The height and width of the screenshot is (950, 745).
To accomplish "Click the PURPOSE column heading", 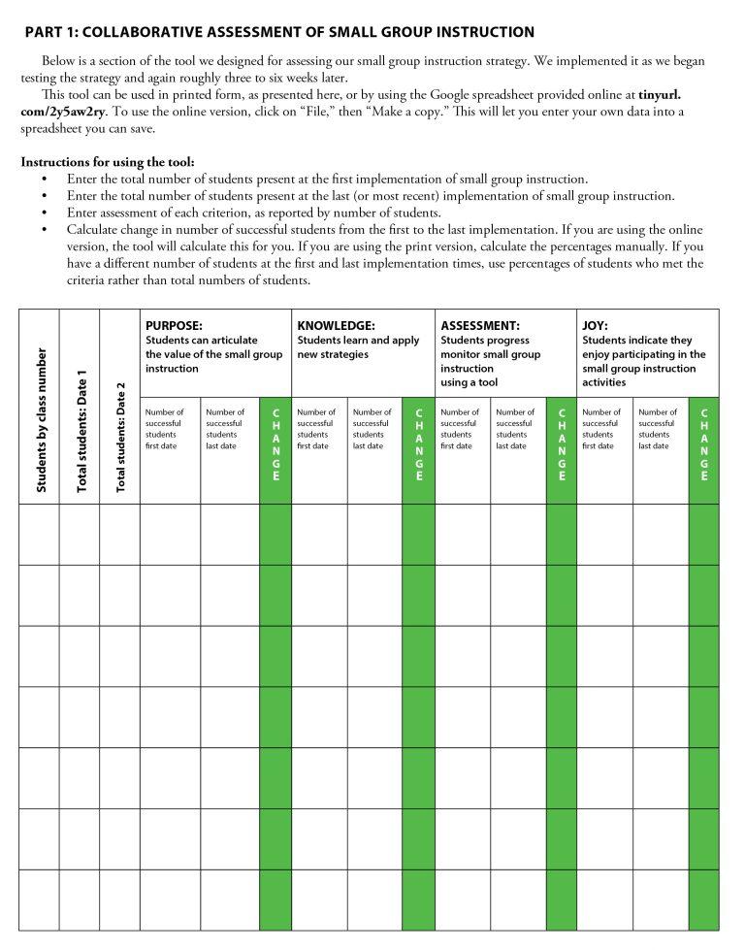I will pos(174,326).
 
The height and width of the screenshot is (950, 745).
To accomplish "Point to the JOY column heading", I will pos(595,326).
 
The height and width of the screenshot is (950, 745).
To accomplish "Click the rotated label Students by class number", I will pos(41,421).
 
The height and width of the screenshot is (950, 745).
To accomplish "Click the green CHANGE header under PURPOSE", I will pos(275,445).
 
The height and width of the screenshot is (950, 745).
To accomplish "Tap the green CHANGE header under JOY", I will pos(703,445).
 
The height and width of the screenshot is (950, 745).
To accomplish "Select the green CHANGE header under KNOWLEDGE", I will pos(418,445).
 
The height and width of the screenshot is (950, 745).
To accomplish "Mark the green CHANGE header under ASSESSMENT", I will pos(561,445).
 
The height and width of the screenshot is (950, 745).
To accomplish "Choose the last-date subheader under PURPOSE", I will pos(227,429).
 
